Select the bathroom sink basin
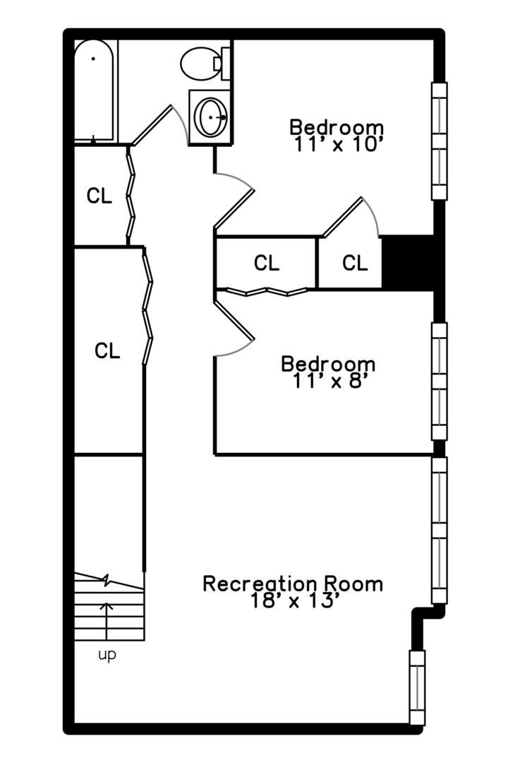click(210, 117)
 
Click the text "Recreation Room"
click(293, 584)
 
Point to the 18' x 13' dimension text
click(296, 601)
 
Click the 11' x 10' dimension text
click(337, 145)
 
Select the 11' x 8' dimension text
click(328, 381)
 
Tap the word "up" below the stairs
click(107, 656)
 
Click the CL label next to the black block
click(355, 264)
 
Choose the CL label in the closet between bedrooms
click(267, 264)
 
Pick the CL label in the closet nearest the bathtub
click(99, 196)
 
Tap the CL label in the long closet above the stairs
click(107, 350)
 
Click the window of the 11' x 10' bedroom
click(439, 141)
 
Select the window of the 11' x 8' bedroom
click(439, 381)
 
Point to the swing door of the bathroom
click(159, 124)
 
